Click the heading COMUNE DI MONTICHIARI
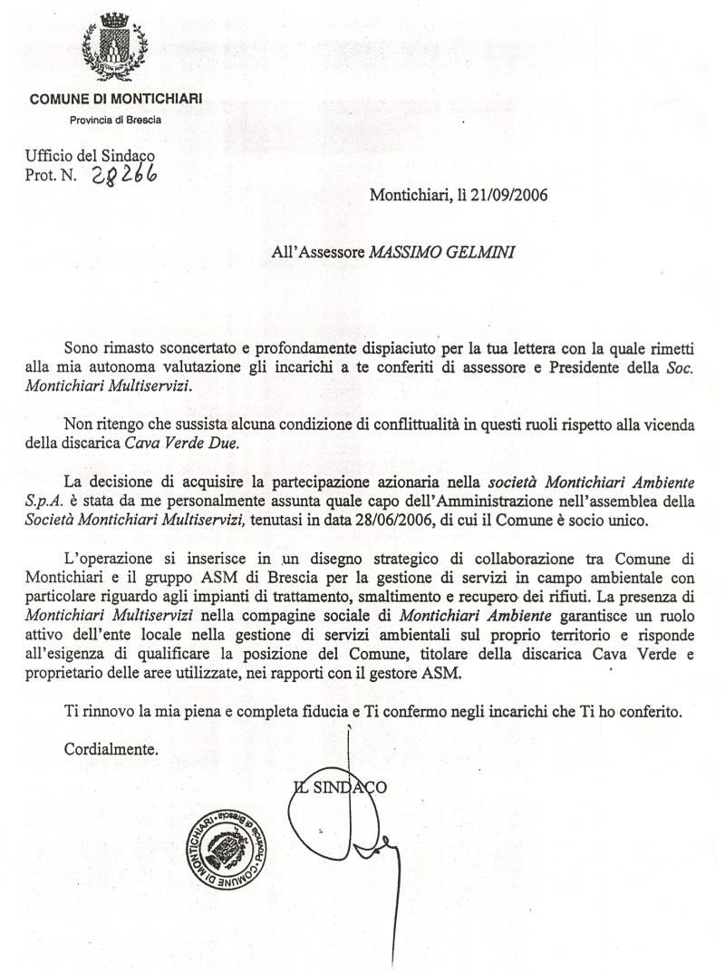(x=116, y=99)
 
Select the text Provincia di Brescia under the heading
(x=117, y=120)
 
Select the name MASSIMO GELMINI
(x=439, y=255)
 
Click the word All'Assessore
(x=318, y=255)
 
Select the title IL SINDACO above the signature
(x=342, y=787)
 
